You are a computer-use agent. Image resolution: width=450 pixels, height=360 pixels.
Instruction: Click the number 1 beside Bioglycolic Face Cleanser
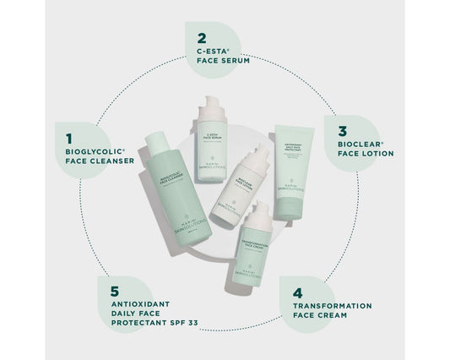point(59,134)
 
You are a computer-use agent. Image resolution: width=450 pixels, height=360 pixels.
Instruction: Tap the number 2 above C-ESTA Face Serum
point(201,38)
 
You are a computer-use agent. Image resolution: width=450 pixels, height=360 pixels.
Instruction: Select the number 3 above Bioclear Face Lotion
point(342,131)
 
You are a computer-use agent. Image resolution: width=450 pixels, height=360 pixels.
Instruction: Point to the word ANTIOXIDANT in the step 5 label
point(141,305)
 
